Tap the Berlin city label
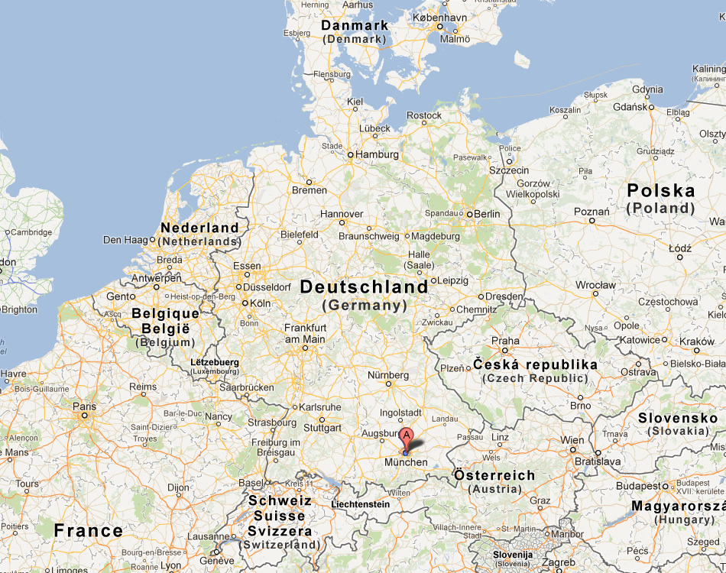point(487,214)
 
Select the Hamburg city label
point(378,154)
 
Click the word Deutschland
point(364,287)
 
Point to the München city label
point(406,462)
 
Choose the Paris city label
point(84,406)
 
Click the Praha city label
point(505,341)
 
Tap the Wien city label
point(572,440)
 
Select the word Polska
point(660,191)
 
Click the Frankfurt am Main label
point(305,333)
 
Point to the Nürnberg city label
point(388,375)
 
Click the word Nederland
point(199,228)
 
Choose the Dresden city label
point(504,296)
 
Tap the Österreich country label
point(494,475)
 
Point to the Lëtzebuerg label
point(215,362)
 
